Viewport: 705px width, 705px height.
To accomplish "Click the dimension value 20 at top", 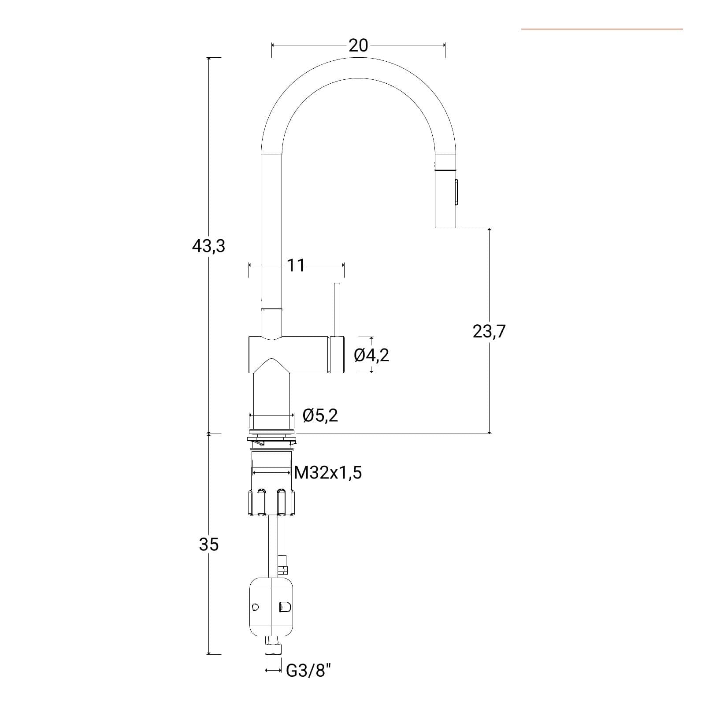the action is tap(358, 45).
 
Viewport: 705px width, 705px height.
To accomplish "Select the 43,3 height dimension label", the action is tap(208, 246).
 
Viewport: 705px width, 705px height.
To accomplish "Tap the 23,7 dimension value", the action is tap(489, 331).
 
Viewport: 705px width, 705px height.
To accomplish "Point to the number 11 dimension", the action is tap(296, 265).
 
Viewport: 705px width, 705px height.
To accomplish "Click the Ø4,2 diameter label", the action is tap(372, 355).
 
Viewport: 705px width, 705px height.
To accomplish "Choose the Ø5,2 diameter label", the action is tap(320, 416).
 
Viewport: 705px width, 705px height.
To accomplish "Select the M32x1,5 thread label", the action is tap(328, 473).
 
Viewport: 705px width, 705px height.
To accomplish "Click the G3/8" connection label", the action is tap(308, 671).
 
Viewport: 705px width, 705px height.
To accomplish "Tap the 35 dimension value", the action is tap(208, 545).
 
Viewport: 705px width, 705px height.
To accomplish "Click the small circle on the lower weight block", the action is tap(255, 607).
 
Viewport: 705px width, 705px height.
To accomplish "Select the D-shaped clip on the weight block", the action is tap(285, 607).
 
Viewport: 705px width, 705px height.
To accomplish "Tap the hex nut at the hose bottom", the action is tap(273, 649).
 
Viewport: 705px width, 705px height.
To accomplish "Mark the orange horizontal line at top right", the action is tap(602, 29).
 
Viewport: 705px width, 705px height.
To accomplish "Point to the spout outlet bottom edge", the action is tap(445, 228).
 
